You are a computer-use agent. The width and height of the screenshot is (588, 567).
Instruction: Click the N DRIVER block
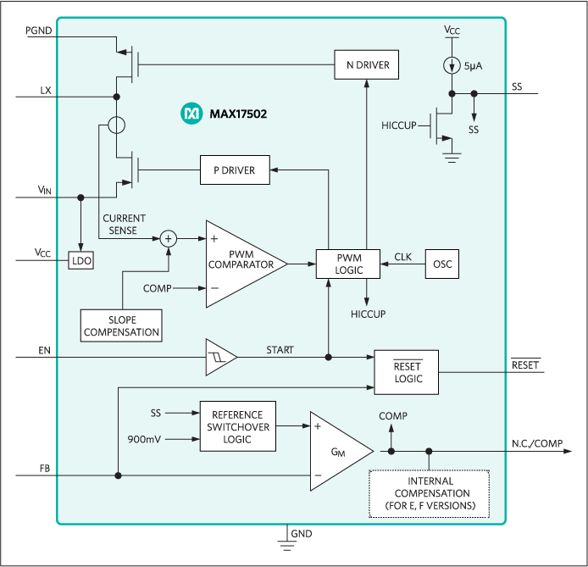366,64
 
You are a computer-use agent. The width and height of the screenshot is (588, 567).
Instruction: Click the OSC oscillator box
442,264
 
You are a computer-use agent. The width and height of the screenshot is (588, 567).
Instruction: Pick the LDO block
81,261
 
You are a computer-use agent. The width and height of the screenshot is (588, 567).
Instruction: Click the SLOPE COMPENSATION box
122,325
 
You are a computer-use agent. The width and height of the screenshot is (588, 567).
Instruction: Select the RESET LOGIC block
408,372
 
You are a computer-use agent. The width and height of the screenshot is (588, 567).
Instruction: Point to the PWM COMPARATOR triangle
239,264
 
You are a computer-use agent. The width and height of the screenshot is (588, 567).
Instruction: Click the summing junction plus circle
169,239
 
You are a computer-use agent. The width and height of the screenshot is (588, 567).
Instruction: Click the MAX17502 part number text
238,114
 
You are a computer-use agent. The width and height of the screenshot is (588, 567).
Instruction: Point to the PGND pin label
39,30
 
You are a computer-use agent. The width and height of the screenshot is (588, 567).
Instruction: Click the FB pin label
44,468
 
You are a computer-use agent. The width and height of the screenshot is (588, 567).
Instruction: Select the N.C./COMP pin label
537,444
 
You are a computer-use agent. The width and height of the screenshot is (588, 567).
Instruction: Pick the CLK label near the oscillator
403,256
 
